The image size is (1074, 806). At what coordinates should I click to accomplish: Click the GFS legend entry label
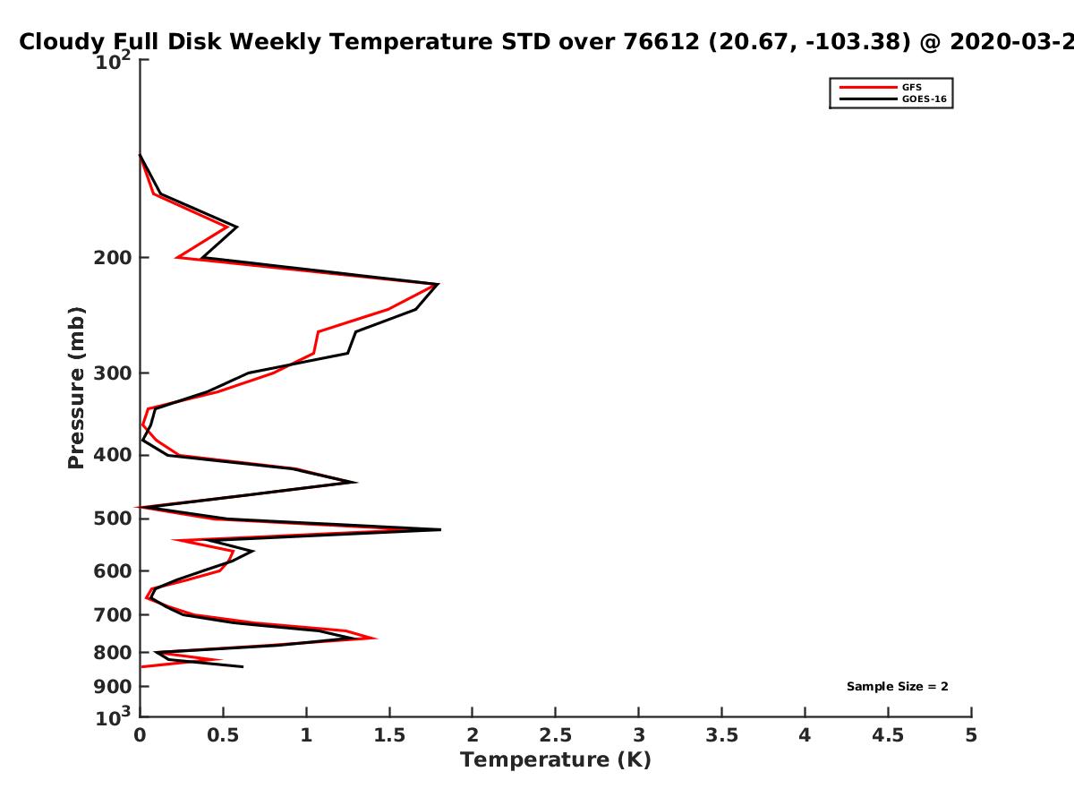point(911,88)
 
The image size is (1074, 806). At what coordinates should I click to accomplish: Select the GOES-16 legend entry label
point(925,99)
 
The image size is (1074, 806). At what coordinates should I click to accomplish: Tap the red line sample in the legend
point(868,88)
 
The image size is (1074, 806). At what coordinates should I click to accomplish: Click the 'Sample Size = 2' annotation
point(898,687)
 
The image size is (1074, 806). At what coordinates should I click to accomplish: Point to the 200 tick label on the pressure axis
point(113,258)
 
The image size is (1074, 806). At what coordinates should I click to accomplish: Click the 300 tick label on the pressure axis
point(113,373)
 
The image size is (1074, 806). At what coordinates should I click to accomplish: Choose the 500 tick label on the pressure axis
point(113,519)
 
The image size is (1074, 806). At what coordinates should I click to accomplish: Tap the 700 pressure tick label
point(113,615)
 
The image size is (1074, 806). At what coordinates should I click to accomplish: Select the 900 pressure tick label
point(113,687)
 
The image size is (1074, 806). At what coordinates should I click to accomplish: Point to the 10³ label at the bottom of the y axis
point(113,716)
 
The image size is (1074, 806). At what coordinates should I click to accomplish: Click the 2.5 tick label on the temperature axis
point(556,735)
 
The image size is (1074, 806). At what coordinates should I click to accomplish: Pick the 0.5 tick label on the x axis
point(223,735)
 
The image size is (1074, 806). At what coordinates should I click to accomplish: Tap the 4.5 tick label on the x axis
point(888,735)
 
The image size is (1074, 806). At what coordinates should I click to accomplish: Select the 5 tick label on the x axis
point(971,735)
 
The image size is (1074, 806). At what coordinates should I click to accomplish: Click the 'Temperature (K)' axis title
point(556,760)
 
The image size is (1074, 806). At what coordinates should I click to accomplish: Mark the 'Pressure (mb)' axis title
point(76,388)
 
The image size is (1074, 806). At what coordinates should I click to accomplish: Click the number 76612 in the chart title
point(661,42)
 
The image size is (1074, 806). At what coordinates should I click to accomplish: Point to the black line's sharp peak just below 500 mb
point(440,529)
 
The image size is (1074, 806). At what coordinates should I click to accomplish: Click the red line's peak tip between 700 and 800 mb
point(376,639)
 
